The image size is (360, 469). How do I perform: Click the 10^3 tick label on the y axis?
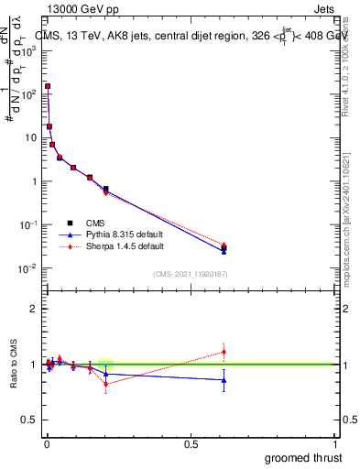point(29,50)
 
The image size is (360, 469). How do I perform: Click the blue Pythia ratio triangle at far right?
point(224,380)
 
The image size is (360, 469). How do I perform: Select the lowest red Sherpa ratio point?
point(106,383)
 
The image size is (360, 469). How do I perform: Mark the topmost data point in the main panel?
point(48,86)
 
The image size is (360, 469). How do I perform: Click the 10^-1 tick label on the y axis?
point(29,224)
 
